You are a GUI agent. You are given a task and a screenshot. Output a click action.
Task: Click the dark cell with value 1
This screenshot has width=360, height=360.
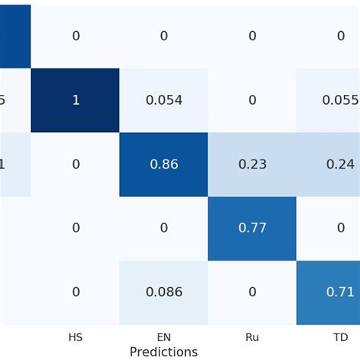coord(75,100)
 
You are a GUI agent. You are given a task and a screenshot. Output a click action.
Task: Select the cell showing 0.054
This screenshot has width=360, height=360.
coord(163,100)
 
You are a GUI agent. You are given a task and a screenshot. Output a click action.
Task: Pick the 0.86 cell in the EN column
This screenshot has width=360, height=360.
coord(163,164)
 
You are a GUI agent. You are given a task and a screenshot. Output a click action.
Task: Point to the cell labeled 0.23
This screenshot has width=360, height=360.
coord(252,164)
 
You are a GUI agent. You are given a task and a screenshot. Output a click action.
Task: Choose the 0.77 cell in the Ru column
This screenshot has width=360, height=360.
coord(252,228)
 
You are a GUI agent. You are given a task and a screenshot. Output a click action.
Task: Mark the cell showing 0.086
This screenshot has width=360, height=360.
coord(163,292)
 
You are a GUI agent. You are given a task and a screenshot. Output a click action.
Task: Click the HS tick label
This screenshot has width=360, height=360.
coord(75,336)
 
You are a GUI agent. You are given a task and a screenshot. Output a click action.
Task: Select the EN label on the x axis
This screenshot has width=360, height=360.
coord(163,336)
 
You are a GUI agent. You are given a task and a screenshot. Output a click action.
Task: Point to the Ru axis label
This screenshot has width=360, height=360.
coord(252,336)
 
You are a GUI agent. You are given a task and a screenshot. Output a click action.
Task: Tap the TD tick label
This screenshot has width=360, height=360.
coord(340,336)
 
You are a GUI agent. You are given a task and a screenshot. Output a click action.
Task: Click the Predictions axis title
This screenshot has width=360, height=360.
coord(163,352)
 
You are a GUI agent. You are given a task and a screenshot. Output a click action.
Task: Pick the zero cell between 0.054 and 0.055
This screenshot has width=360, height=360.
coord(252,100)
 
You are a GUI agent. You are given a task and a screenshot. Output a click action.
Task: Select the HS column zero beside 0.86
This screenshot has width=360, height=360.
coord(75,164)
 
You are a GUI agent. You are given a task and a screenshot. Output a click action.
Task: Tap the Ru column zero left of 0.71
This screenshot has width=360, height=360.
coord(252,292)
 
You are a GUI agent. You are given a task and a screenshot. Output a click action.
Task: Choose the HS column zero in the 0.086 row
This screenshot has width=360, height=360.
coord(75,292)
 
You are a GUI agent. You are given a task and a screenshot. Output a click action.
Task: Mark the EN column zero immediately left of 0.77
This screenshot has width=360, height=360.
coord(163,228)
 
